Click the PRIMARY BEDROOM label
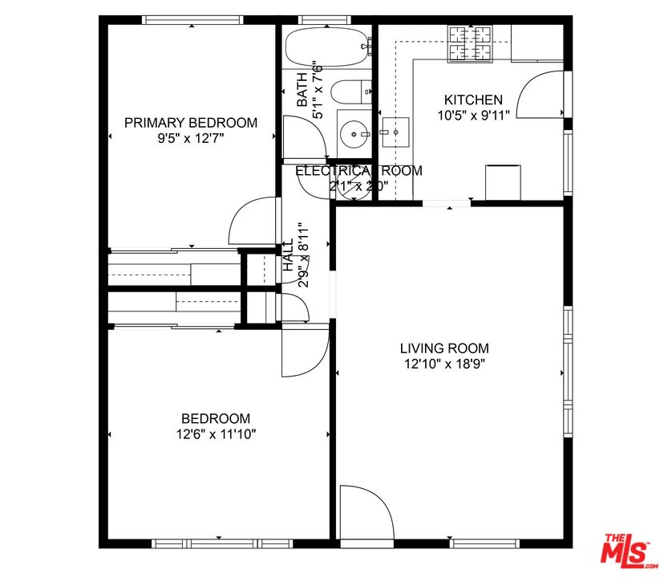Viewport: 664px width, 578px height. (191, 123)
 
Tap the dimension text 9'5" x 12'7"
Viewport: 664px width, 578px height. (191, 137)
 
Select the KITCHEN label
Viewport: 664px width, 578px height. (473, 100)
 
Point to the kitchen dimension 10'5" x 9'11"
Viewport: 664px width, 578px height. (473, 115)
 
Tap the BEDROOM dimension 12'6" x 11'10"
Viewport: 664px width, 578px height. (215, 433)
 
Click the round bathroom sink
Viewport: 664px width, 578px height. (353, 132)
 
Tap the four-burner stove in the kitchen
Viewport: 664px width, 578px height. (470, 43)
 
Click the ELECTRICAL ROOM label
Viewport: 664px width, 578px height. (358, 171)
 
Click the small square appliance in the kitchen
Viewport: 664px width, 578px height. (504, 181)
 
